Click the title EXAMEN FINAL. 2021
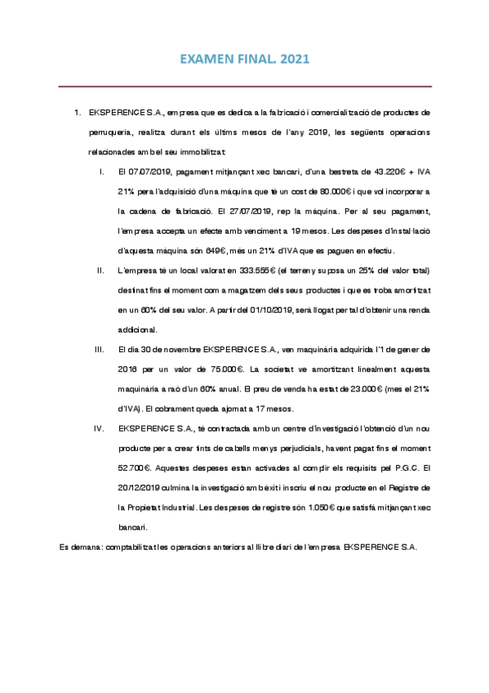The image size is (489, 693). (x=245, y=60)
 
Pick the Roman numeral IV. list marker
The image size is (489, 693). (x=100, y=427)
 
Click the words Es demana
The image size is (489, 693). (x=80, y=546)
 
